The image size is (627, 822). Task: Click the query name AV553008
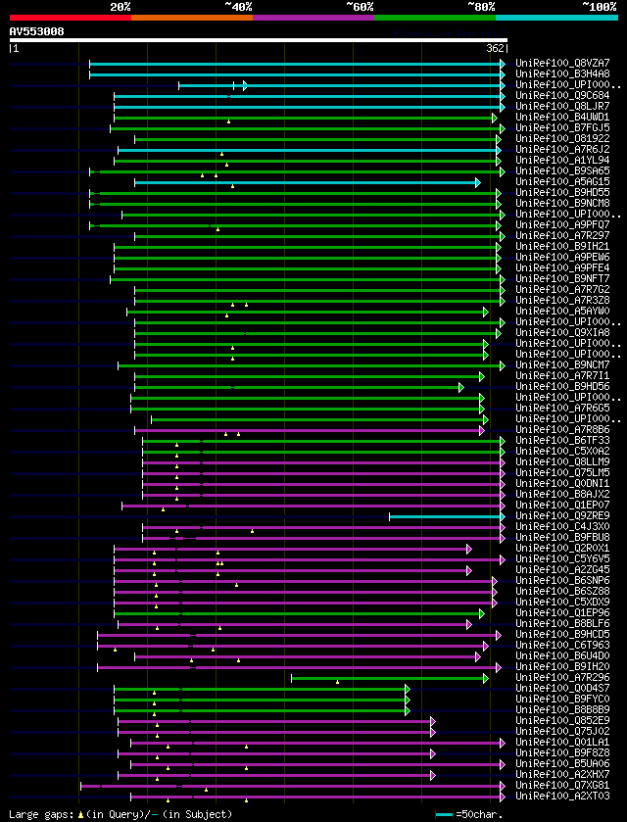point(37,31)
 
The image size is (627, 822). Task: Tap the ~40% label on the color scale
point(238,6)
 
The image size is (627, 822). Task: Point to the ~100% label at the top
point(599,6)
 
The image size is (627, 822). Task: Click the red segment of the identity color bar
point(70,18)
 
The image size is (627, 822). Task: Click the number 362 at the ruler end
point(495,48)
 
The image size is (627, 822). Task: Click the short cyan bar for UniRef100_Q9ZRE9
point(446,515)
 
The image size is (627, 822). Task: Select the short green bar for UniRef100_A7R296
point(388,677)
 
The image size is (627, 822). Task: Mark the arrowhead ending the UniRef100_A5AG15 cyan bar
point(477,182)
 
